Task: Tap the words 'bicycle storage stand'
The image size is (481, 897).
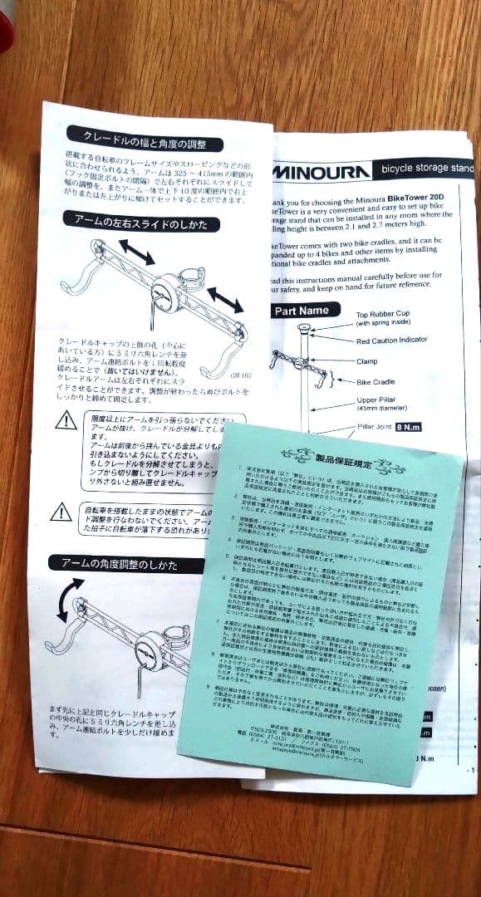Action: (427, 169)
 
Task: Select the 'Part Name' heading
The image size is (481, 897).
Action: (306, 310)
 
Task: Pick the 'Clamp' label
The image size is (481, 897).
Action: (368, 361)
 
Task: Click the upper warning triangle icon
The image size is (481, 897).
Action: (66, 421)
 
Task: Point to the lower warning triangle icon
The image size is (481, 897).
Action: (61, 512)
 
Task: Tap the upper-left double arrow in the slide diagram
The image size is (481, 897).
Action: (135, 252)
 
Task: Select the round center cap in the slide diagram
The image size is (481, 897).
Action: (169, 292)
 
